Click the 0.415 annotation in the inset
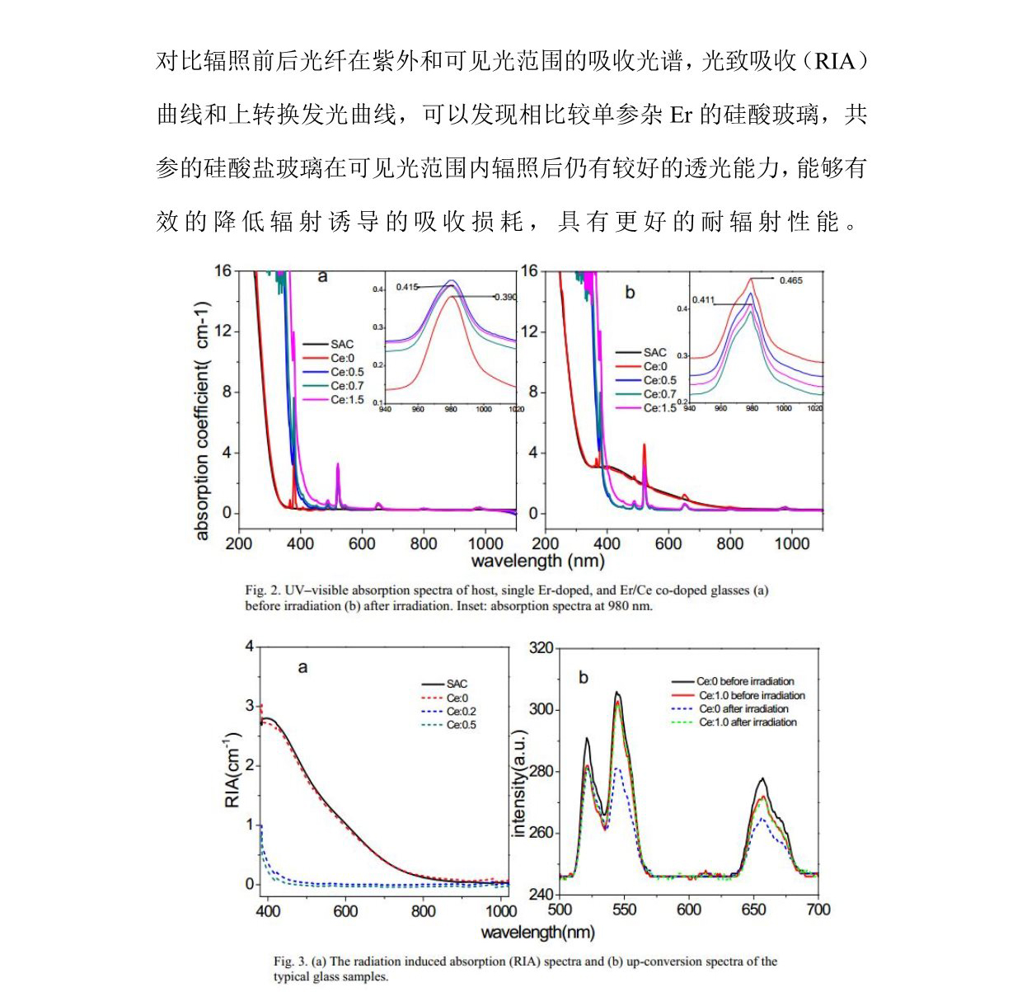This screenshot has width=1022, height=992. coord(407,287)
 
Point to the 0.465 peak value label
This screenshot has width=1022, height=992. coord(790,280)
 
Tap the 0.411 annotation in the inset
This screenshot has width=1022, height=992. coord(703,300)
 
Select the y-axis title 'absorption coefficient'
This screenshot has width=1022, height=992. coord(203,421)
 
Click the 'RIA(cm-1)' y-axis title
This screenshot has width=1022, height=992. coord(232,769)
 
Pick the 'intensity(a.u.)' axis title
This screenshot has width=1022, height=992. coord(518,783)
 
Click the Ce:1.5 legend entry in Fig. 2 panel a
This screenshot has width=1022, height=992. coord(346,400)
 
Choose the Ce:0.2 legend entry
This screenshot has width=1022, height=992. coord(461,711)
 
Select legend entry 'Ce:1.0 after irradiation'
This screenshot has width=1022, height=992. coord(748,722)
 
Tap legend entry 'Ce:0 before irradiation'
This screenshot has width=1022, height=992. coord(745,681)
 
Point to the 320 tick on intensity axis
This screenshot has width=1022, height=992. coord(541,648)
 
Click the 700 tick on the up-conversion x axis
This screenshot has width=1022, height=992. coord(818,910)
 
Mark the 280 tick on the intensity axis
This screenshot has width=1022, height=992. coord(541,772)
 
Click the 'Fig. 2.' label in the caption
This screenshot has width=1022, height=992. coord(262,590)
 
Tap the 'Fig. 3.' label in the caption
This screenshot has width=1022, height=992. coord(291,961)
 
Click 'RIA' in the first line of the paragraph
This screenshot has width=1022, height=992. coord(835,62)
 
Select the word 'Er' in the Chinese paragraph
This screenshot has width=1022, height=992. coord(681,115)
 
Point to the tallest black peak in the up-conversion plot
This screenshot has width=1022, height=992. coord(616,694)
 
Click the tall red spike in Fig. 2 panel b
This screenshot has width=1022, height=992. coord(644,449)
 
